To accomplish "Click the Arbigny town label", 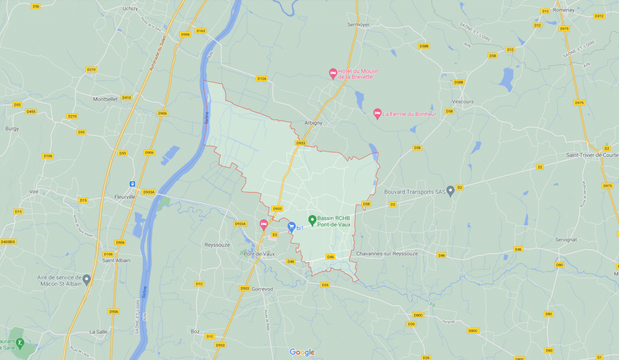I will [313, 123].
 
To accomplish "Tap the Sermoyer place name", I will [358, 24].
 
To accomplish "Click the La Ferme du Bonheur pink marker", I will [377, 113].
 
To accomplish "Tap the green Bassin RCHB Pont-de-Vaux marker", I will [312, 220].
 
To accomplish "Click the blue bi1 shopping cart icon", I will [291, 227].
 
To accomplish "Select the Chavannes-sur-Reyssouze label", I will [387, 254].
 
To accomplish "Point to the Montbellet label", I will [105, 99].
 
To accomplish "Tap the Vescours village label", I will [463, 101].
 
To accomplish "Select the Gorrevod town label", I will [262, 289].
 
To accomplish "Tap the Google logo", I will [302, 352].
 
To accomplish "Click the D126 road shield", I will [261, 78].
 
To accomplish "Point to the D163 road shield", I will [201, 31].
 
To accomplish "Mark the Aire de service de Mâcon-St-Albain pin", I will [87, 278].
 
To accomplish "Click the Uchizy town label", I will [130, 8].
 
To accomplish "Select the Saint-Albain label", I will [116, 260].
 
